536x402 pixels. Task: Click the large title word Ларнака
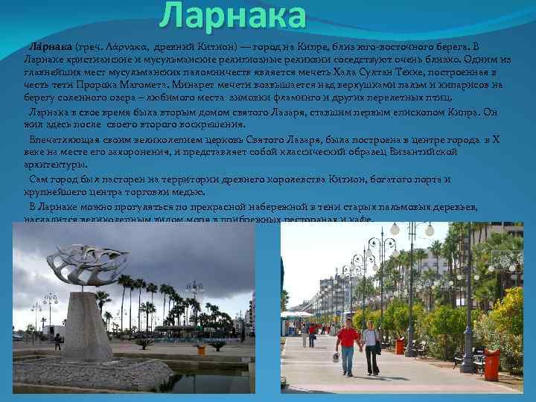(x=233, y=16)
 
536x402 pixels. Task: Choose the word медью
(x=179, y=191)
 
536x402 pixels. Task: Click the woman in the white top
(x=370, y=344)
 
